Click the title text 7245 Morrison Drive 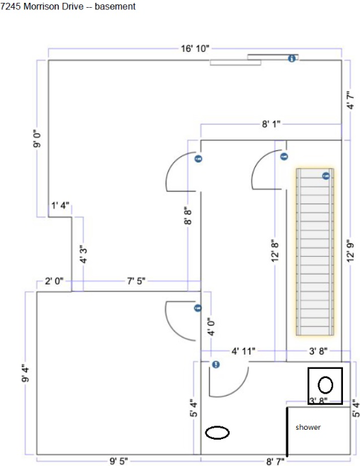pyautogui.click(x=42, y=6)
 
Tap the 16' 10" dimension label pyautogui.click(x=195, y=48)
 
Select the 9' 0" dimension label pyautogui.click(x=38, y=140)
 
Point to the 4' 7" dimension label pyautogui.click(x=351, y=100)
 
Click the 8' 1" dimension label pyautogui.click(x=271, y=124)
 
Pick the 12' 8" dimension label pyautogui.click(x=276, y=251)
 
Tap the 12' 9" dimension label pyautogui.click(x=351, y=251)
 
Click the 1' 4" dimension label pyautogui.click(x=60, y=206)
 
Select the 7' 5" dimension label pyautogui.click(x=136, y=281)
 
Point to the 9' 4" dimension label pyautogui.click(x=26, y=375)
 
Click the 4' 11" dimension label pyautogui.click(x=243, y=351)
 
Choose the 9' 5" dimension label pyautogui.click(x=119, y=461)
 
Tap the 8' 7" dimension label pyautogui.click(x=275, y=462)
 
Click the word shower pyautogui.click(x=308, y=428)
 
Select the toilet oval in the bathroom pyautogui.click(x=218, y=433)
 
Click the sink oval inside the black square pyautogui.click(x=325, y=385)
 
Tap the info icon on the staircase pyautogui.click(x=326, y=176)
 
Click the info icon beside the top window pyautogui.click(x=292, y=58)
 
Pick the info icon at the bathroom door pyautogui.click(x=216, y=364)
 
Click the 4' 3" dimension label pyautogui.click(x=84, y=255)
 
